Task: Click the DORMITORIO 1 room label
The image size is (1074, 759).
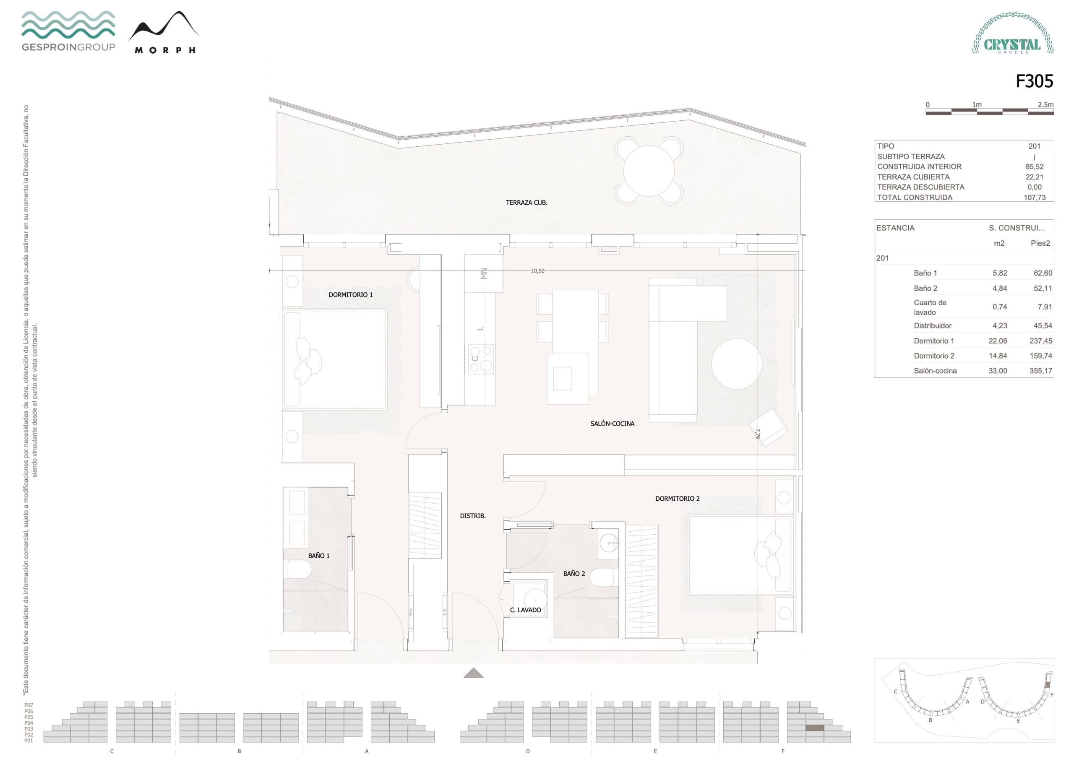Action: [x=350, y=295]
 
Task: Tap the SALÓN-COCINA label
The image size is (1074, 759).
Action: [x=612, y=424]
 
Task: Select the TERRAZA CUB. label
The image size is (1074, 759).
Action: [x=526, y=203]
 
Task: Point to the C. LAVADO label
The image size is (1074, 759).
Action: [x=525, y=610]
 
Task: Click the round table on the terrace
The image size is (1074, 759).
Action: [x=649, y=170]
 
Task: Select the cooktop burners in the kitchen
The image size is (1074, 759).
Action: [x=481, y=359]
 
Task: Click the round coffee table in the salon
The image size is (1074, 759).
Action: [x=736, y=364]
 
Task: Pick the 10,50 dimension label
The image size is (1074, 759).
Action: [x=537, y=271]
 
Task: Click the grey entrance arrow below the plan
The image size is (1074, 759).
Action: [x=473, y=673]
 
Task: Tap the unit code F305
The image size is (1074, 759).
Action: [x=1034, y=81]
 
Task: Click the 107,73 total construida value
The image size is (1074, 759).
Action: [x=1034, y=198]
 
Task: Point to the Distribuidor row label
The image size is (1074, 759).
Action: [x=932, y=325]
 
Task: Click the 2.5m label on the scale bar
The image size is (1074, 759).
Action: [x=1045, y=104]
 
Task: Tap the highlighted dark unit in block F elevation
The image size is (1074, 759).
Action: [x=814, y=728]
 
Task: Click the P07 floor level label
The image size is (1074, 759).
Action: [x=29, y=705]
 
